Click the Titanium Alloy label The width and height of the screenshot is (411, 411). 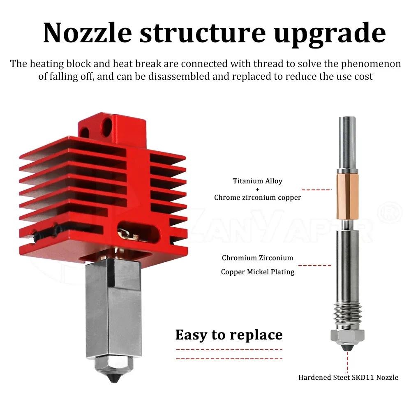(x=258, y=181)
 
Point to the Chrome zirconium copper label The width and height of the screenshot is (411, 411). (x=258, y=197)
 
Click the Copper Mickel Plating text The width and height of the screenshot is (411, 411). (x=258, y=272)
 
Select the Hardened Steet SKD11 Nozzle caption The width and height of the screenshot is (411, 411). (x=348, y=377)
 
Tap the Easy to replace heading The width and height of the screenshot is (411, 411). (x=229, y=335)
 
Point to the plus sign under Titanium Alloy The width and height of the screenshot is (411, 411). (x=258, y=189)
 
